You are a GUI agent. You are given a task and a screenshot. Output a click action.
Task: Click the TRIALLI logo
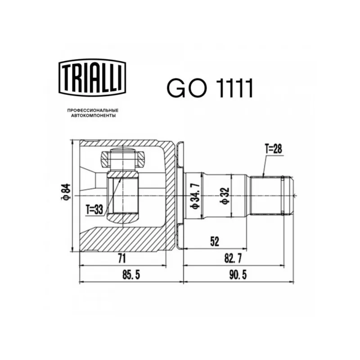(92, 77)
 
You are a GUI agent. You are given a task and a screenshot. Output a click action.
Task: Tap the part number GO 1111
(210, 88)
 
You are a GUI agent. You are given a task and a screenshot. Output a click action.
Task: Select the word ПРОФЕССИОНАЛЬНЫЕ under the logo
(93, 111)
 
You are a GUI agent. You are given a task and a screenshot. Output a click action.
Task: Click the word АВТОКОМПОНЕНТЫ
(93, 116)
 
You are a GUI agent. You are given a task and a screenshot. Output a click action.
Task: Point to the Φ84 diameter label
(65, 192)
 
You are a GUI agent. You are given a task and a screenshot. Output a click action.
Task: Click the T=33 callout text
(94, 210)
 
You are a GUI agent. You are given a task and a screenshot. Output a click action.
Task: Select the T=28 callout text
(274, 149)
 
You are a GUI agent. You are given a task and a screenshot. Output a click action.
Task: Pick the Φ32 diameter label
(225, 196)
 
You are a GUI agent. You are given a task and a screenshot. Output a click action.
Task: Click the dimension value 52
(215, 242)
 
